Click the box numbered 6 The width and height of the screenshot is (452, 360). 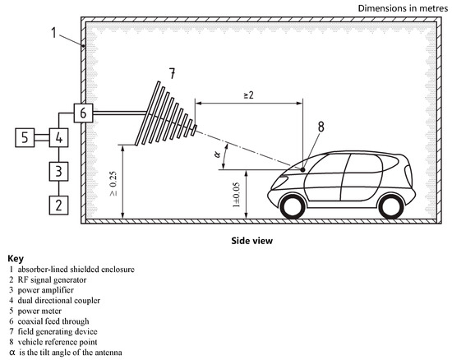[x=83, y=112]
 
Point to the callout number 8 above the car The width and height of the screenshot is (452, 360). [x=321, y=127]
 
